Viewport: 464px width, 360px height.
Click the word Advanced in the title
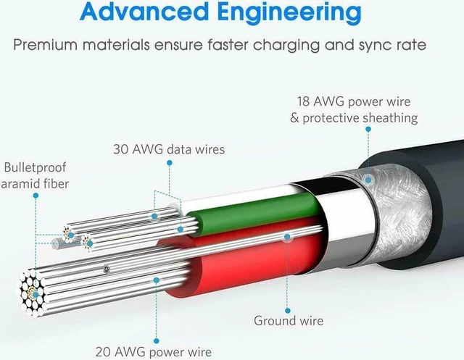144,12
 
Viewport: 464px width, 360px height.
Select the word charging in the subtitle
286,46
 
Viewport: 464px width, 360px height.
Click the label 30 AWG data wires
169,149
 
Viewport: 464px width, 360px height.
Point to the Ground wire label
289,321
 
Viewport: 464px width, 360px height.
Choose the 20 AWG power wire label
154,352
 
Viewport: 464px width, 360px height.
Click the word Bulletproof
35,168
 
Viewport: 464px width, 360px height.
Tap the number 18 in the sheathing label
303,101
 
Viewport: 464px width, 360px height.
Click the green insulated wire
254,212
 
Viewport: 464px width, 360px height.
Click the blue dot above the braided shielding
368,129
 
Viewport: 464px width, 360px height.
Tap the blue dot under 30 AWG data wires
170,163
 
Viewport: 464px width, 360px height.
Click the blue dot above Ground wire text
288,311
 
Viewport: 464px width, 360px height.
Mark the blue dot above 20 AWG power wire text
157,341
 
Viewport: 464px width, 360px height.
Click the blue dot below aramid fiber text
36,196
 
